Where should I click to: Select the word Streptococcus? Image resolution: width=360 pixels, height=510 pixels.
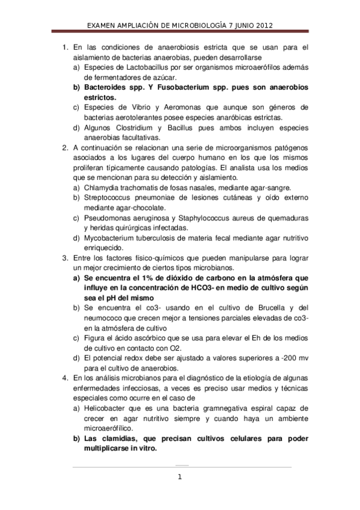pyautogui.click(x=109, y=197)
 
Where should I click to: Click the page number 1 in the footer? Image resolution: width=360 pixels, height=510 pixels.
pyautogui.click(x=179, y=478)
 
